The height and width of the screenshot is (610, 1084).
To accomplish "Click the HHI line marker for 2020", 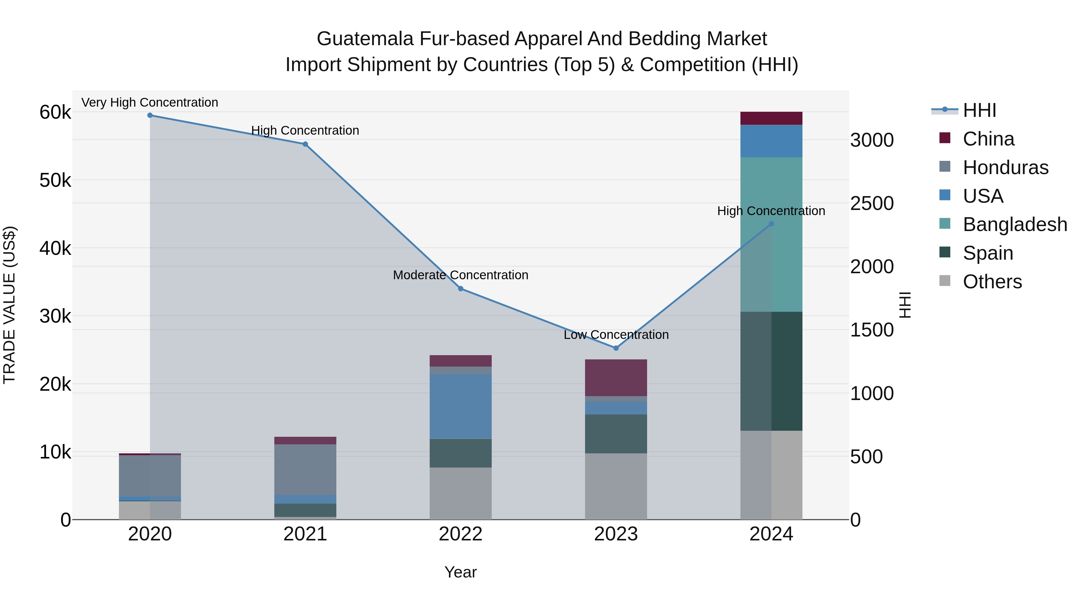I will [150, 115].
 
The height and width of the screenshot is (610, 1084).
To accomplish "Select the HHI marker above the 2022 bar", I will [460, 289].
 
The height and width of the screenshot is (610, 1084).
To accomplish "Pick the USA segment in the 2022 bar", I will [460, 406].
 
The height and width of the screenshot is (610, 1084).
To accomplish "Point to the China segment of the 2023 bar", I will [616, 378].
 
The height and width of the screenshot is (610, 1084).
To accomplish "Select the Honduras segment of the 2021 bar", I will [305, 469].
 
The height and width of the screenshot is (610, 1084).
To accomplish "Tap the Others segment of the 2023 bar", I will [616, 486].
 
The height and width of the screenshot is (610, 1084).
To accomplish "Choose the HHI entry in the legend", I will [979, 110].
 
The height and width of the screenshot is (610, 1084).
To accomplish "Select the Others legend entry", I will [992, 282].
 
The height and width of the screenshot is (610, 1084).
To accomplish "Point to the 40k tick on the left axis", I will [55, 249].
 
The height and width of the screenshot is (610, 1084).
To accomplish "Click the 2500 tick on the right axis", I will [871, 203].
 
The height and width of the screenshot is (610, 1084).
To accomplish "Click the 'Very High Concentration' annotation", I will [150, 103].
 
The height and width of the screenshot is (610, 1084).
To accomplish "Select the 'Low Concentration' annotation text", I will [616, 335].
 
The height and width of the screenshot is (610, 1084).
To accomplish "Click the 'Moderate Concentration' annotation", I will [460, 275].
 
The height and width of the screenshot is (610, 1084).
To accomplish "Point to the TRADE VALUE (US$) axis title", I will [9, 305].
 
